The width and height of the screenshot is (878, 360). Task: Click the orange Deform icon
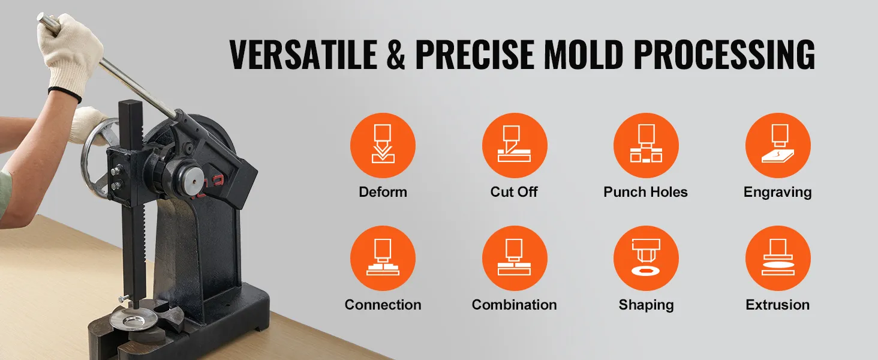pyautogui.click(x=383, y=146)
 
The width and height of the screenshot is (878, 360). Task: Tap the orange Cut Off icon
pyautogui.click(x=515, y=146)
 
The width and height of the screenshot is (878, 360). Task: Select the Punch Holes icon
pyautogui.click(x=646, y=146)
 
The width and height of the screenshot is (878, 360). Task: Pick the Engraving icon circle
pyautogui.click(x=778, y=146)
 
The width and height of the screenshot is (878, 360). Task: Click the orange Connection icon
pyautogui.click(x=383, y=259)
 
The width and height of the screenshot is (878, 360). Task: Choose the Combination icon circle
pyautogui.click(x=515, y=259)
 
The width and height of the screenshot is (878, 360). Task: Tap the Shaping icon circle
pyautogui.click(x=646, y=259)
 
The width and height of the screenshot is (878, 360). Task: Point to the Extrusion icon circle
pyautogui.click(x=778, y=259)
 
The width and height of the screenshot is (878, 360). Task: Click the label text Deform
pyautogui.click(x=383, y=192)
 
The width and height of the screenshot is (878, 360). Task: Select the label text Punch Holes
pyautogui.click(x=645, y=192)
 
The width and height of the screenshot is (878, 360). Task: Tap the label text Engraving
pyautogui.click(x=777, y=192)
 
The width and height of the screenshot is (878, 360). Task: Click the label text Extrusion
pyautogui.click(x=777, y=305)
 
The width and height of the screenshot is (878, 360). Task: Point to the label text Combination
pyautogui.click(x=514, y=305)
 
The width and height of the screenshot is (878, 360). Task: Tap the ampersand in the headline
pyautogui.click(x=398, y=55)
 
